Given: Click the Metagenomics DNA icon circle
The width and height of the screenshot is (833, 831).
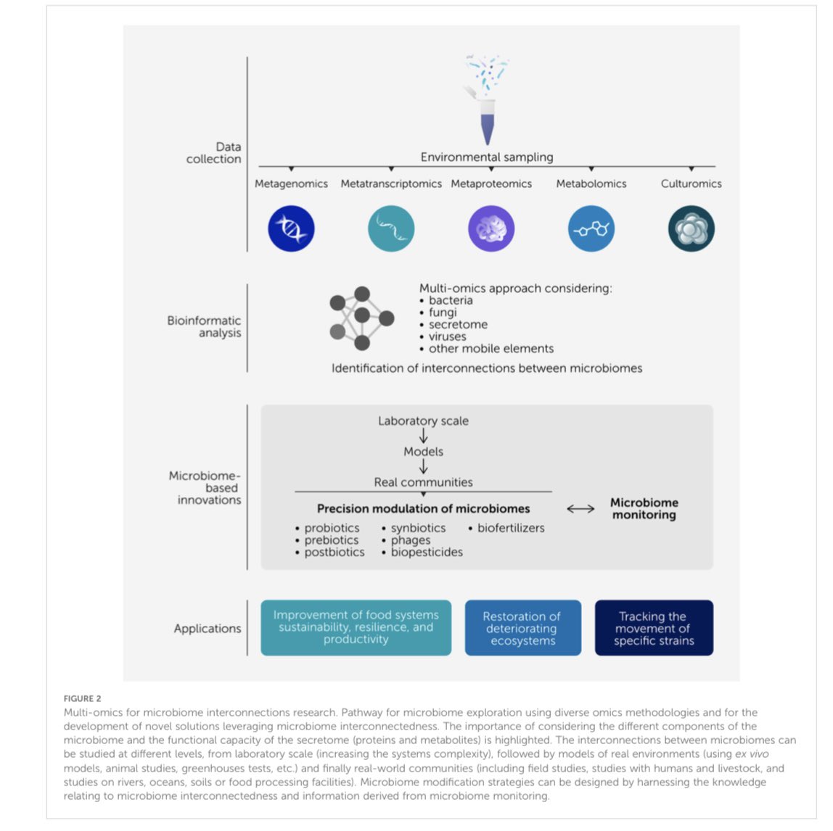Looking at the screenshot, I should point(291,228).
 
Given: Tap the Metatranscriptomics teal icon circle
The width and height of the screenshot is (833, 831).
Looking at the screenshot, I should point(391,228).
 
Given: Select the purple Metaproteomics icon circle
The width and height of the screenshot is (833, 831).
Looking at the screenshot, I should point(491,228).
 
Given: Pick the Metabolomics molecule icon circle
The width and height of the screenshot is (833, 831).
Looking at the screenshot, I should point(591,228).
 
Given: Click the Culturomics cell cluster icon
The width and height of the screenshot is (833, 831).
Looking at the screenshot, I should point(691,228).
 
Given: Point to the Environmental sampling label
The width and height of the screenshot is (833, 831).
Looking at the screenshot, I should point(486,157).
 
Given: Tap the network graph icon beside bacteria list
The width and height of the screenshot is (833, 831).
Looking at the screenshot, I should point(361,318).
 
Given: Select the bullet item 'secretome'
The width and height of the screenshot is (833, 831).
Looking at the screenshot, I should point(458,325).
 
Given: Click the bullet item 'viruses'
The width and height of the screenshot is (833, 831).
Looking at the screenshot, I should point(447,336).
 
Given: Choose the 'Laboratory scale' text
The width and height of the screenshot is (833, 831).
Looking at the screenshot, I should point(423,421).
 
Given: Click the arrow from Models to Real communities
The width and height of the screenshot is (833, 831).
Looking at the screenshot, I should point(423,467).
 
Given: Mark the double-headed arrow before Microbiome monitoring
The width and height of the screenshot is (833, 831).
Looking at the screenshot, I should point(580,509).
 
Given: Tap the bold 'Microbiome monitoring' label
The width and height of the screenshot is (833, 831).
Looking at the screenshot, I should point(644,508).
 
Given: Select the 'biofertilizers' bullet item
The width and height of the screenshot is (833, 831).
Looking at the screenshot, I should point(510,528).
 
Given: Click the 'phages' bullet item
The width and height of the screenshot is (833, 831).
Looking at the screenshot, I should point(411,540).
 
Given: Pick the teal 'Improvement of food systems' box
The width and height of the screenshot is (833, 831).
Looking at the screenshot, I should point(356,627).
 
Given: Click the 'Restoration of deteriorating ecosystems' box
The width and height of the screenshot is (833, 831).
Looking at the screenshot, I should point(522,628).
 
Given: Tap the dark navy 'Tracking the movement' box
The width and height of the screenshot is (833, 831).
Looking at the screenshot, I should point(654,628).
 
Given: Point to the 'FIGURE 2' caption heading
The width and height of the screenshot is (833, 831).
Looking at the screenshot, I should point(82,698).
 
